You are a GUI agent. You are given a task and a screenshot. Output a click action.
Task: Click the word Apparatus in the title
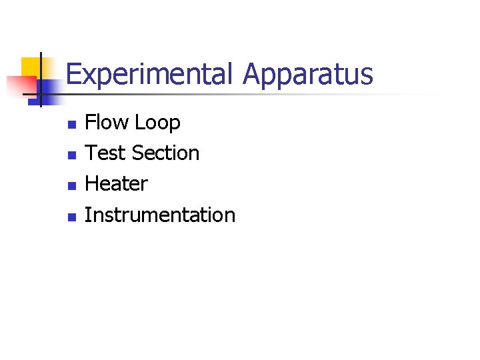click(307, 75)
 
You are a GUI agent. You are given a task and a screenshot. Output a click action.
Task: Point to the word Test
click(105, 153)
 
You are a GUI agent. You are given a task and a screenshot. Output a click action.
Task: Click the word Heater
click(117, 183)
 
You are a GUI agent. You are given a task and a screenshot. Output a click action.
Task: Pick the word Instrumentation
click(160, 215)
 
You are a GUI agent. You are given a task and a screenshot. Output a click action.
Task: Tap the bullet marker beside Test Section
click(72, 155)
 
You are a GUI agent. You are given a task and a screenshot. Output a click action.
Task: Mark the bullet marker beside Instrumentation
click(72, 216)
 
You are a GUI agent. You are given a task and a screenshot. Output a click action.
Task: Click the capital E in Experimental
click(73, 75)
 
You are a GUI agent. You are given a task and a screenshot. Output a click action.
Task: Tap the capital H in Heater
click(93, 183)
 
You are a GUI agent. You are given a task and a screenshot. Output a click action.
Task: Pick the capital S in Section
click(138, 153)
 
